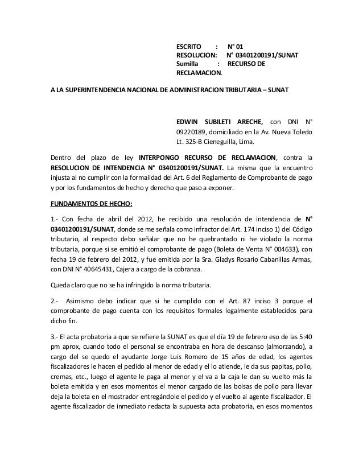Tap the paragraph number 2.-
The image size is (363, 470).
click(x=55, y=300)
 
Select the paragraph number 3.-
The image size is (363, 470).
click(x=55, y=335)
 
